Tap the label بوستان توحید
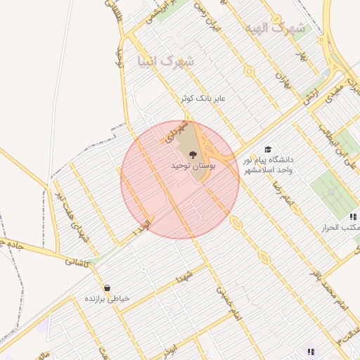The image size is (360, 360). [x=192, y=166]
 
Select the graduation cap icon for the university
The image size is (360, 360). [x=267, y=149]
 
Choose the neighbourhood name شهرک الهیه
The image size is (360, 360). [x=276, y=29]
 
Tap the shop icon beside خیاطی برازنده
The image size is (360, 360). [x=107, y=288]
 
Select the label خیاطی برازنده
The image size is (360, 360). [x=108, y=299]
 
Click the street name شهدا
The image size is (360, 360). [x=185, y=275]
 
